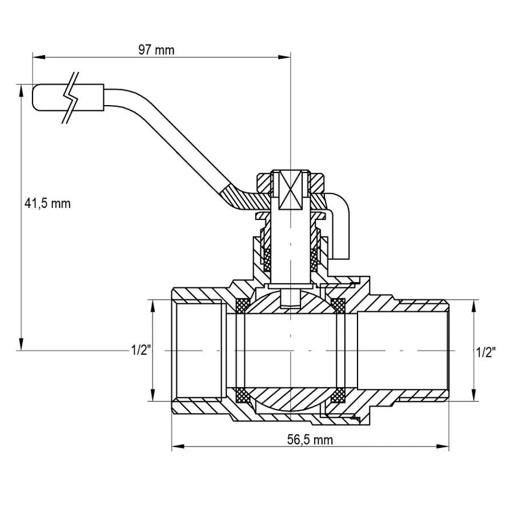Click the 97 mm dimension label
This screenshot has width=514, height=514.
[156, 50]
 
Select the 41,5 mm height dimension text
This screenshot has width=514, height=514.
[47, 203]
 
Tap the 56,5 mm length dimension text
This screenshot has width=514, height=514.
[310, 439]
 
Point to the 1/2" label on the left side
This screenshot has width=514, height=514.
[140, 350]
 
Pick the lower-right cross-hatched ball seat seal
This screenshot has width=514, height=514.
[339, 394]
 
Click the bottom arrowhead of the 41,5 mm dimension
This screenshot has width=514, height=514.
[21, 345]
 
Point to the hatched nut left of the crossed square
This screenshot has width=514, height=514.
[264, 183]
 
